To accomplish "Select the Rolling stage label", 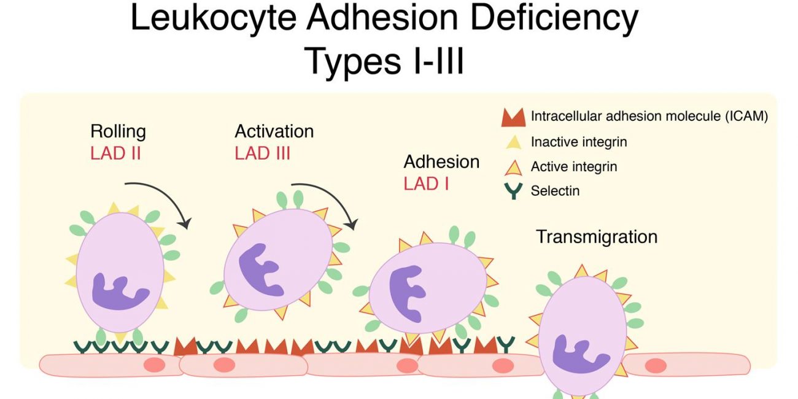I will pos(118,131).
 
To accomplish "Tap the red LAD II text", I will pos(116,153).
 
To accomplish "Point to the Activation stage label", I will pos(274,131).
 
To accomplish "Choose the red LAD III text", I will pos(263,153).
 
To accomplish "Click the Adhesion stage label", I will pos(441,162).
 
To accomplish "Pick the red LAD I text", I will pos(426,183).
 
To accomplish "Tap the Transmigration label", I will pos(597,237).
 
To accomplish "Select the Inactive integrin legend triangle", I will pos(513,142).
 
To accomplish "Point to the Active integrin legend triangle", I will pos(513,166).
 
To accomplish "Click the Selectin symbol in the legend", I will pos(513,191).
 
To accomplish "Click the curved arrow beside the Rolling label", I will pos(161,198).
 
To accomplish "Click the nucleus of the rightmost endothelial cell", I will pos(656,366).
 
